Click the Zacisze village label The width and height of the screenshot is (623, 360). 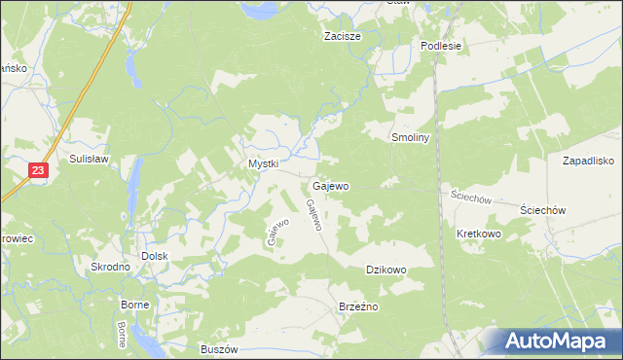click(x=343, y=36)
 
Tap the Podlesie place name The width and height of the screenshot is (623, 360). click(x=440, y=46)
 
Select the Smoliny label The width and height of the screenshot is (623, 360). click(x=410, y=138)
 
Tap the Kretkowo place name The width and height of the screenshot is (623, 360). click(x=477, y=234)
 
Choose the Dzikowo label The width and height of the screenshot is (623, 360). click(x=385, y=270)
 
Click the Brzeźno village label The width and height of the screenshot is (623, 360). click(x=357, y=306)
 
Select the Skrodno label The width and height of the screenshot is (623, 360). click(x=110, y=267)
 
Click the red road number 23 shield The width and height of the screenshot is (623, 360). click(x=37, y=170)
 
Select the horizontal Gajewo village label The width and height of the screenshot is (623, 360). click(x=331, y=185)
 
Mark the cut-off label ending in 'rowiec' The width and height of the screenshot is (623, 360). click(x=17, y=238)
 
